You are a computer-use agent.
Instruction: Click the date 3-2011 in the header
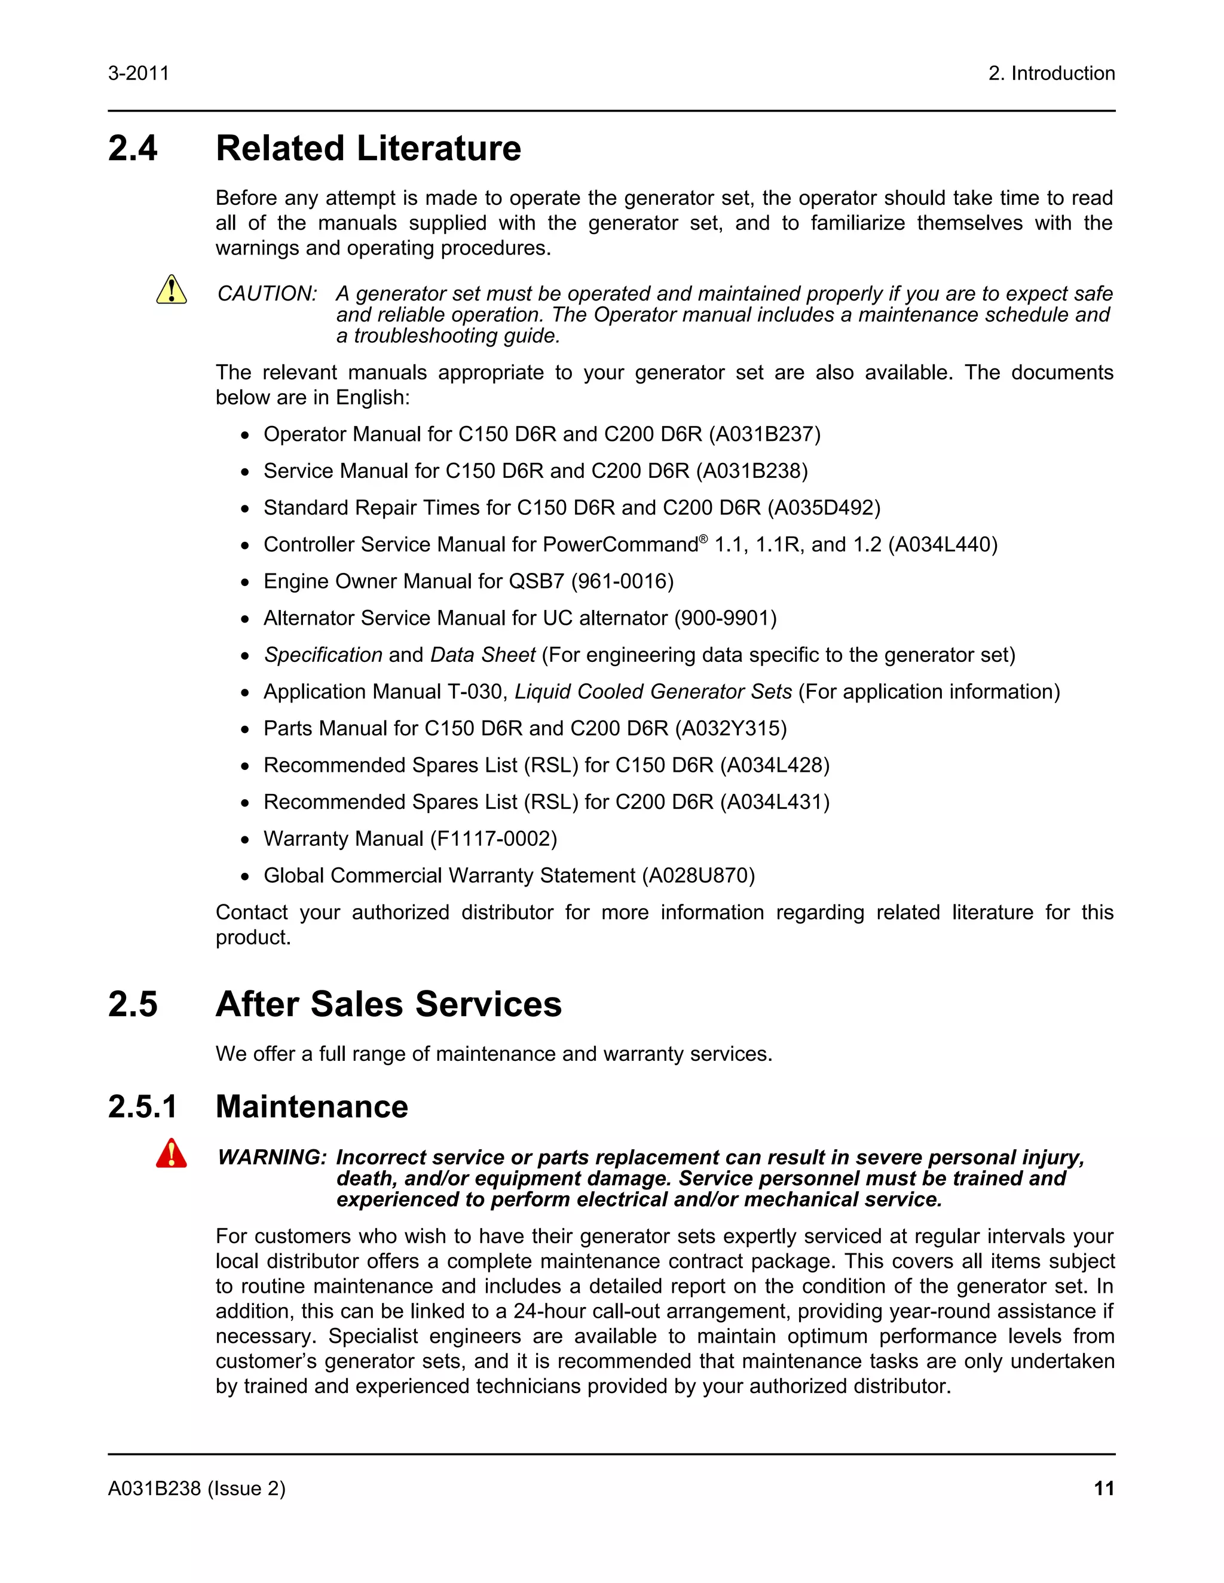139,73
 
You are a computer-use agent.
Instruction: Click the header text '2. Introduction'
1051,73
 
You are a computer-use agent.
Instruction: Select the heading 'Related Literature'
368,149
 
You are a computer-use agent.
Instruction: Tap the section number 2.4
133,149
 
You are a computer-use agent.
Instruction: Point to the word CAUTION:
267,293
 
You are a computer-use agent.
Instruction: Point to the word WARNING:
272,1157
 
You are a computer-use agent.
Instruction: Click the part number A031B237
764,434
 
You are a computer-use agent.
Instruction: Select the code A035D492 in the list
824,507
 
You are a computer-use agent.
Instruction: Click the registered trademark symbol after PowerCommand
703,539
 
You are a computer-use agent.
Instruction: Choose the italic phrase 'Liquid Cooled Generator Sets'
653,692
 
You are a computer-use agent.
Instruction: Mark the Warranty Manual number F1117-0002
493,839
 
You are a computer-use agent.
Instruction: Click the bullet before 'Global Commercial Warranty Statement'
245,877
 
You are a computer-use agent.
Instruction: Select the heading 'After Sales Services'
388,1005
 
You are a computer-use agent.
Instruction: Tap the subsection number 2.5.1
143,1107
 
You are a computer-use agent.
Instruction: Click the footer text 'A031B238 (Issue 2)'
197,1488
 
